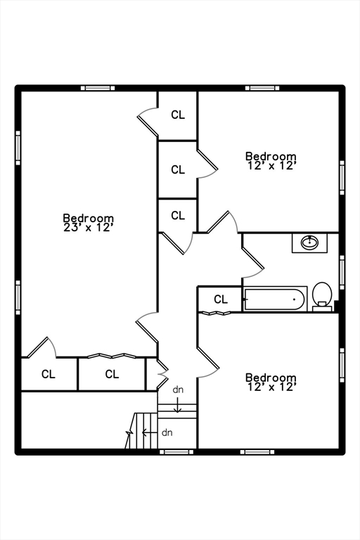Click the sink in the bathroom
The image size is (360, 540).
pyautogui.click(x=309, y=243)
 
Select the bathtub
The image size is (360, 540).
pyautogui.click(x=275, y=299)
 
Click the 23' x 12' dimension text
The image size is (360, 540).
pyautogui.click(x=89, y=227)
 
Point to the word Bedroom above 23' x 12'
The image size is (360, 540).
pyautogui.click(x=89, y=218)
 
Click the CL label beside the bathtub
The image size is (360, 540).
pyautogui.click(x=221, y=300)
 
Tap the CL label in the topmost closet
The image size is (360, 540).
pyautogui.click(x=178, y=115)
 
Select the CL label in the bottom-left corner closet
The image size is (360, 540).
pyautogui.click(x=49, y=374)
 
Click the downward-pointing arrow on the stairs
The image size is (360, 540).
pyautogui.click(x=177, y=405)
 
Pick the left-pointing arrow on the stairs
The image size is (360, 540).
pyautogui.click(x=150, y=432)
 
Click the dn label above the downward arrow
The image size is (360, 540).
pyautogui.click(x=178, y=390)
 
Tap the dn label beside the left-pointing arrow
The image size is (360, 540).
pyautogui.click(x=167, y=432)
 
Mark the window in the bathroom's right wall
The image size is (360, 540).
pyautogui.click(x=342, y=272)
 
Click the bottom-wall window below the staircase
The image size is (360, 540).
pyautogui.click(x=176, y=452)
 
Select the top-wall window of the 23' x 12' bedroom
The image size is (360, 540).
pyautogui.click(x=98, y=88)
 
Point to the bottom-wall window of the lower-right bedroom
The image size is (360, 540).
pyautogui.click(x=257, y=452)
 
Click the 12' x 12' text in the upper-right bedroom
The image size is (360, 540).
pyautogui.click(x=272, y=166)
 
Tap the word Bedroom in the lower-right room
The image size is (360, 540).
pyautogui.click(x=271, y=378)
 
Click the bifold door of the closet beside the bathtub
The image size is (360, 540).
pyautogui.click(x=216, y=313)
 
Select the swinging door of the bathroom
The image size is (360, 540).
pyautogui.click(x=253, y=262)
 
